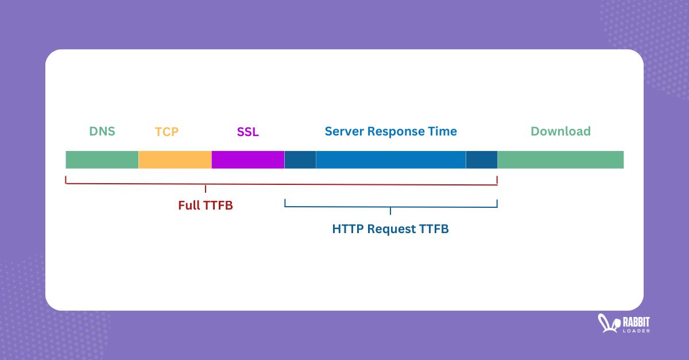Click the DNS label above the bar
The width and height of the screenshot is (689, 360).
click(x=102, y=131)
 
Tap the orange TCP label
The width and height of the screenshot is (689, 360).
click(x=167, y=131)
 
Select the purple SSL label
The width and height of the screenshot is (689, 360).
click(x=247, y=131)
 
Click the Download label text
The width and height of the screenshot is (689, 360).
click(x=560, y=131)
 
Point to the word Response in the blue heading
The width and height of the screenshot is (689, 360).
click(x=397, y=131)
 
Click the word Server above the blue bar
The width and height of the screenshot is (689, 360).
click(x=344, y=131)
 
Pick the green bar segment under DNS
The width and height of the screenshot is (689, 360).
click(x=102, y=160)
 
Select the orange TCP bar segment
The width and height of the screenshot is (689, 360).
click(x=175, y=160)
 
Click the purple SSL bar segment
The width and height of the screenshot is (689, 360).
click(x=248, y=160)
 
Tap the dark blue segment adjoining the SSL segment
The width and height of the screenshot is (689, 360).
click(x=300, y=160)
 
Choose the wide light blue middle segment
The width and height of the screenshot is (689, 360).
click(x=390, y=160)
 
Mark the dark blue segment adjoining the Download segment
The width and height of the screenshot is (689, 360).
click(x=482, y=160)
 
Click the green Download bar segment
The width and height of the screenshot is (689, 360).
click(x=560, y=160)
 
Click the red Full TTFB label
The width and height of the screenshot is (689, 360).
click(x=206, y=206)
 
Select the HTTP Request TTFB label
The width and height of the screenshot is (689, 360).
click(x=390, y=229)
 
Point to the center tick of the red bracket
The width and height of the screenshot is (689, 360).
click(x=206, y=188)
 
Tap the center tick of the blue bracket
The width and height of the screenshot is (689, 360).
click(x=390, y=211)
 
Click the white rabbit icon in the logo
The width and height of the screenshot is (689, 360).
click(x=607, y=323)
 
